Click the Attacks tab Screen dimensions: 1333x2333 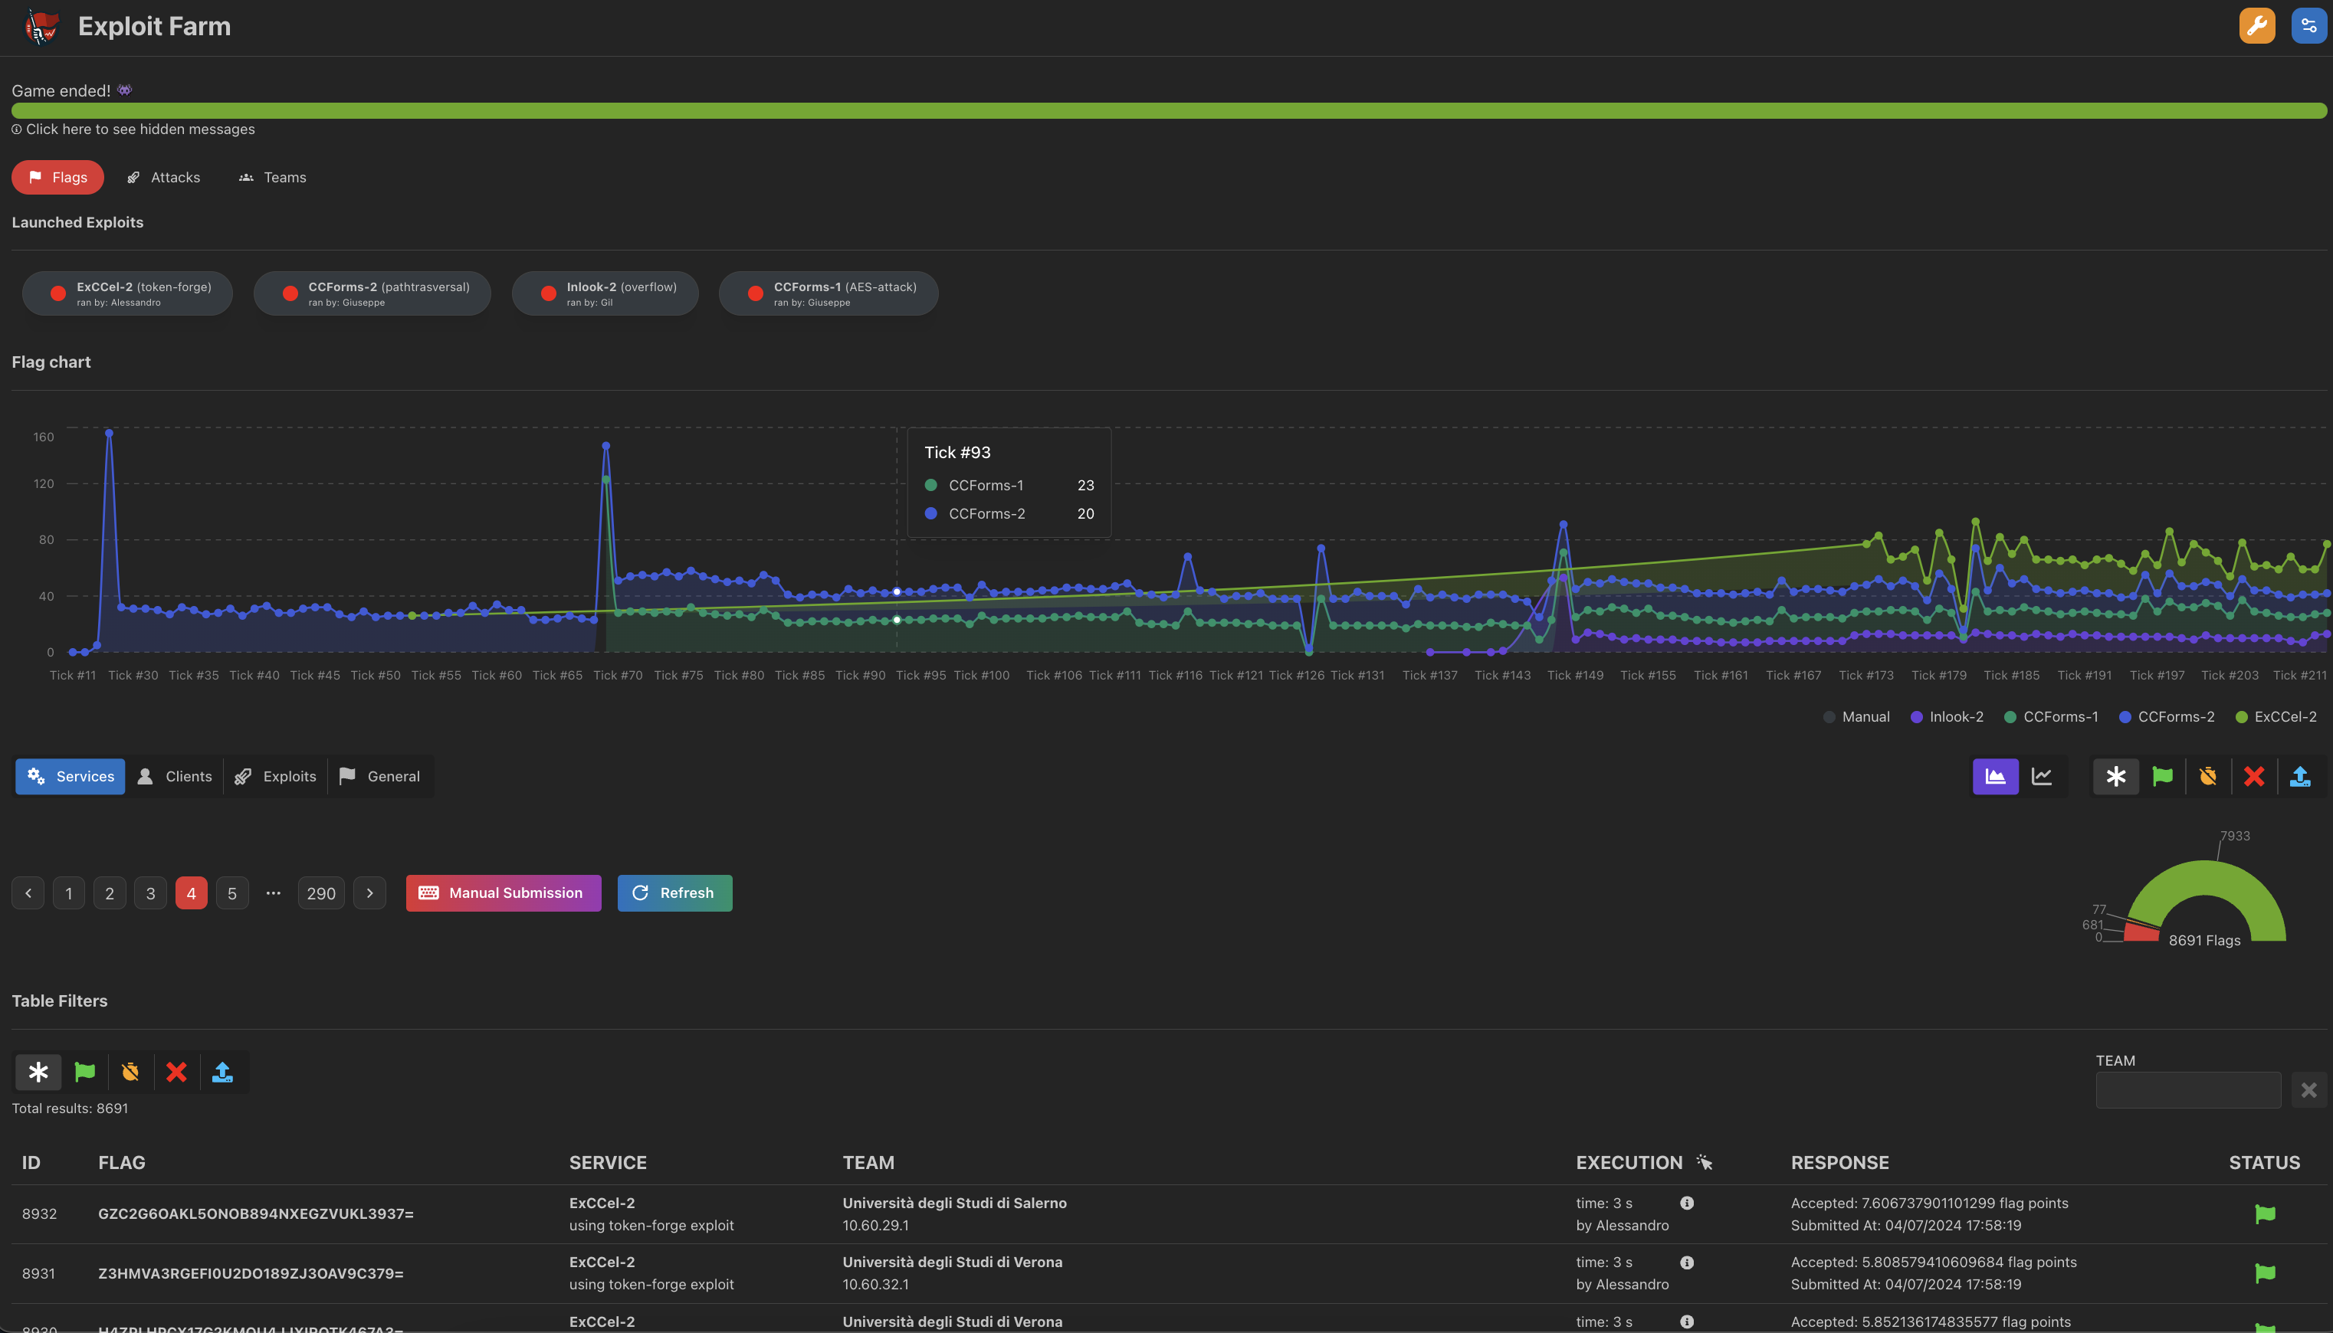pos(164,178)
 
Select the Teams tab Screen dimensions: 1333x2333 pos(273,178)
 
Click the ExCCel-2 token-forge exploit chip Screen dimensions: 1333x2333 pos(127,293)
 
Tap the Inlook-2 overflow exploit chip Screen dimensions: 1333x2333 pos(605,293)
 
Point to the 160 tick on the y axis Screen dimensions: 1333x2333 pos(44,437)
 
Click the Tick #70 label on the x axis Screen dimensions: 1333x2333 pos(618,676)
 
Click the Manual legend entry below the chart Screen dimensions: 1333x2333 pos(1856,717)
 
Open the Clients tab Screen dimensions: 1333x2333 pos(175,776)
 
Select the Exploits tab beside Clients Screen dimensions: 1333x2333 pos(276,776)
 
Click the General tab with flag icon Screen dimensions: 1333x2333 pos(380,776)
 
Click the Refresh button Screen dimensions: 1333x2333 pos(674,892)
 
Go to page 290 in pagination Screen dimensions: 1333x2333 pos(320,893)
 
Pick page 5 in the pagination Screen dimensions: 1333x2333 pos(232,893)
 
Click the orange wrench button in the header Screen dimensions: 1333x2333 pos(2256,25)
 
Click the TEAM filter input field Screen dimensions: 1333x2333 pos(2187,1089)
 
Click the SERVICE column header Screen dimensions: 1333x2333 pos(608,1163)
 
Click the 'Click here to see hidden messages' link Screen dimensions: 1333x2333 pos(140,129)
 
